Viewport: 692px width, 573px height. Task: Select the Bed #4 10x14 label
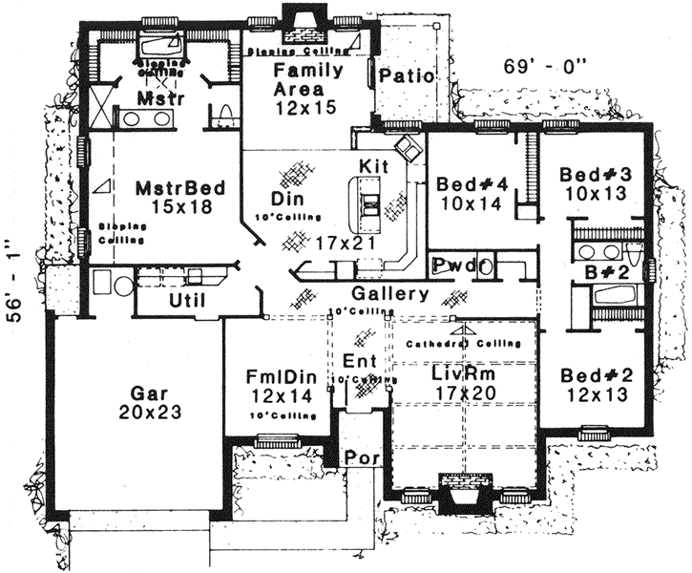[x=468, y=192]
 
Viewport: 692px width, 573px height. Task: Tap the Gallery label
[x=389, y=294]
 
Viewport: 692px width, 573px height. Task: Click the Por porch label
[x=363, y=458]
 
